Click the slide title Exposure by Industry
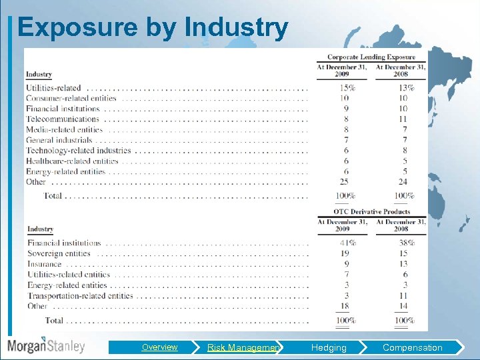coord(153,27)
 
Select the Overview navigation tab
coord(159,347)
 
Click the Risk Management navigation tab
coord(244,347)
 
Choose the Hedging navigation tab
coord(329,347)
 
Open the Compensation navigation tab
coord(412,347)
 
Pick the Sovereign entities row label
coord(59,253)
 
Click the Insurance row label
coord(45,264)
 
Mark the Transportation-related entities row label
coord(80,295)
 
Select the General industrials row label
coord(59,140)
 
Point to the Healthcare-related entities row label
coord(72,161)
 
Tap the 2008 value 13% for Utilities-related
coord(403,88)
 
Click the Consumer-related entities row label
coord(71,98)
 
